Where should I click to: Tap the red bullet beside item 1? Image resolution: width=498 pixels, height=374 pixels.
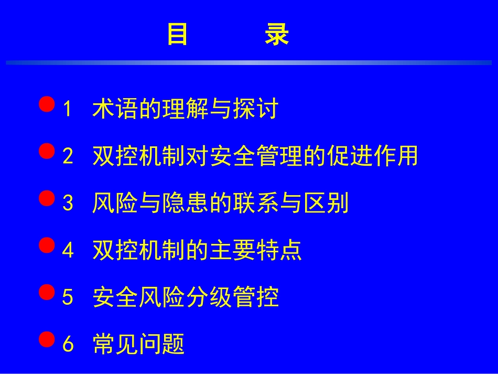tap(47, 104)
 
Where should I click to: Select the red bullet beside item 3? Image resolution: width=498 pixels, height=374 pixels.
tap(47, 198)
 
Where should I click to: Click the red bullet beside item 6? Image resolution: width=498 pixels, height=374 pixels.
tap(47, 340)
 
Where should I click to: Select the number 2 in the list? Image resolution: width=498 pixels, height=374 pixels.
tap(68, 156)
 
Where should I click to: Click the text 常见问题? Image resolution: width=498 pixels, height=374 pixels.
tap(138, 345)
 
